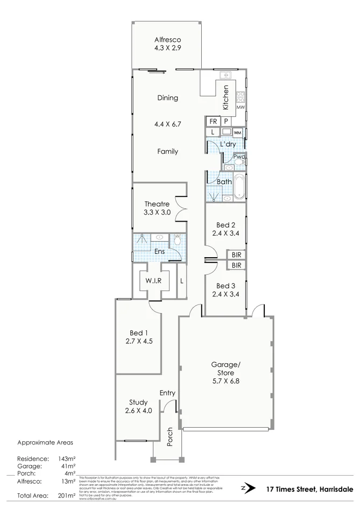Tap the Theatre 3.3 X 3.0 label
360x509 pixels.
click(x=157, y=208)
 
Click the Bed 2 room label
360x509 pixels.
click(x=225, y=229)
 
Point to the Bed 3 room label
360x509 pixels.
click(x=225, y=290)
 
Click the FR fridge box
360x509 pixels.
click(x=213, y=122)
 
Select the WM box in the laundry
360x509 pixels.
click(x=237, y=132)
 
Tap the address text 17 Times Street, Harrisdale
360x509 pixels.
click(x=309, y=489)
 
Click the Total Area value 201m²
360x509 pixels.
click(x=67, y=495)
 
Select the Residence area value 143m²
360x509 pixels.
click(x=67, y=459)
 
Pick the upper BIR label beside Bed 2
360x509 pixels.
click(x=236, y=255)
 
